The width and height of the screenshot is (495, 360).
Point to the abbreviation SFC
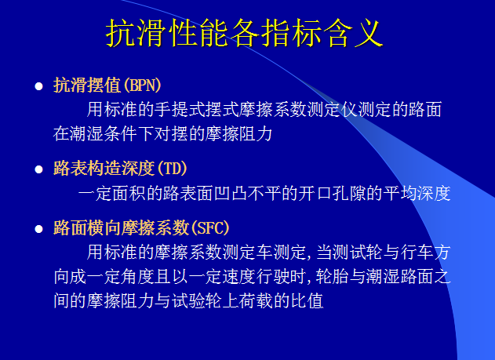click(x=208, y=228)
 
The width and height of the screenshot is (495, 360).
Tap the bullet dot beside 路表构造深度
click(x=38, y=168)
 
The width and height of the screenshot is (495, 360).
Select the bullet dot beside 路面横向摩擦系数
click(x=38, y=228)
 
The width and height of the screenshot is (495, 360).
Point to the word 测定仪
click(x=354, y=109)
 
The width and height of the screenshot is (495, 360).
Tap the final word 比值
click(x=308, y=301)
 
